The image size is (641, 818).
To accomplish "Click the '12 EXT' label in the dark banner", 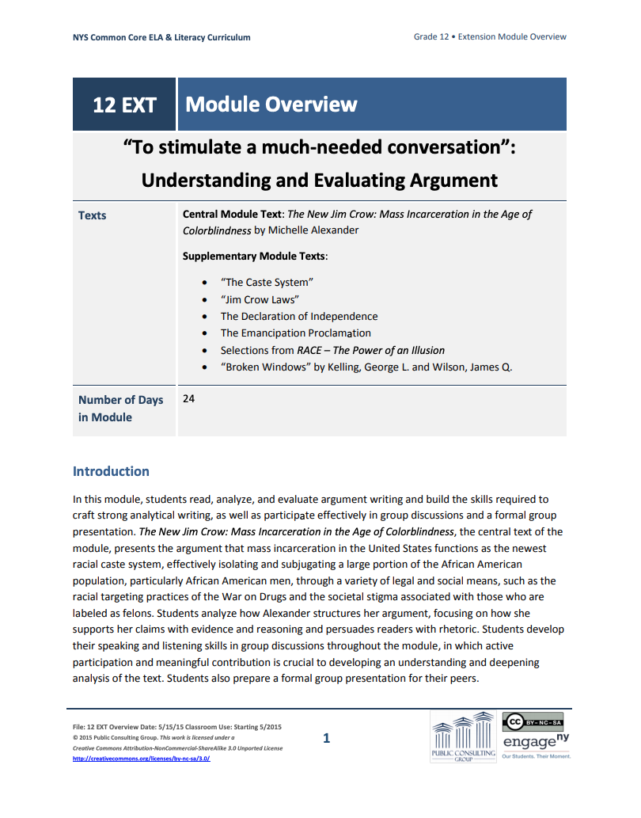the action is [x=124, y=105].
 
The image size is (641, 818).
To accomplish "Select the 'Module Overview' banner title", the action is [x=271, y=105].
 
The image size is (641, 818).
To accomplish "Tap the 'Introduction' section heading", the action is [x=111, y=471].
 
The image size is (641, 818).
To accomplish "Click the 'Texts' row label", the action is [x=92, y=215].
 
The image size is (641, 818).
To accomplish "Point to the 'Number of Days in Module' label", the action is [x=120, y=409].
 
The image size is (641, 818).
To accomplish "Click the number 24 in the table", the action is [x=188, y=399].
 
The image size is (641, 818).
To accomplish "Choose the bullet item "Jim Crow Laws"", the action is [x=260, y=299].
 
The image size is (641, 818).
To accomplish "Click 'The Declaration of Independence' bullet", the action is [x=299, y=316].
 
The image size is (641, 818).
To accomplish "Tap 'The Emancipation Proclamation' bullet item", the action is [x=295, y=333].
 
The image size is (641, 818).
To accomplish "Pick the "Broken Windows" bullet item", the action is [x=366, y=367].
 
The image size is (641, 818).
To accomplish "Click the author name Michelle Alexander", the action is [x=314, y=230].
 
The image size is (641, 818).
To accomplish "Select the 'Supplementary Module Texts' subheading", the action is [x=255, y=257].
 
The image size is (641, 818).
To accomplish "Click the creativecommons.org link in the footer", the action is [x=141, y=758].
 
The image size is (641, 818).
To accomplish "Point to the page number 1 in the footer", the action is [x=326, y=739].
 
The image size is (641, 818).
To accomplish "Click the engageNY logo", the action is [x=537, y=743].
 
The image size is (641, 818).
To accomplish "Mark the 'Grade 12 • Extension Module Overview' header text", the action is [x=490, y=37].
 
